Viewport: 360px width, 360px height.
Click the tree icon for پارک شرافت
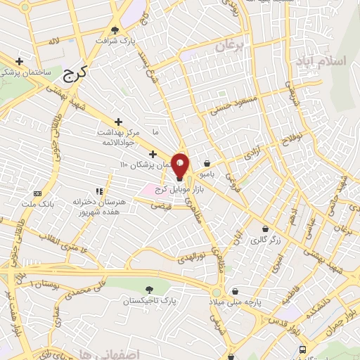point(115,30)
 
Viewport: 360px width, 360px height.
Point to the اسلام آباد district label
point(328,61)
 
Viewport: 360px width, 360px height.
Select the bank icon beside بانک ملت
point(37,193)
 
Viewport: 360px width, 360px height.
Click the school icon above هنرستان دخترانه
point(99,191)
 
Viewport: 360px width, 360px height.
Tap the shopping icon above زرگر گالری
point(265,229)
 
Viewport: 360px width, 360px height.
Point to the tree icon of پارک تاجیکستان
point(148,289)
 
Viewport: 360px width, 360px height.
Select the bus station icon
point(302,349)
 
